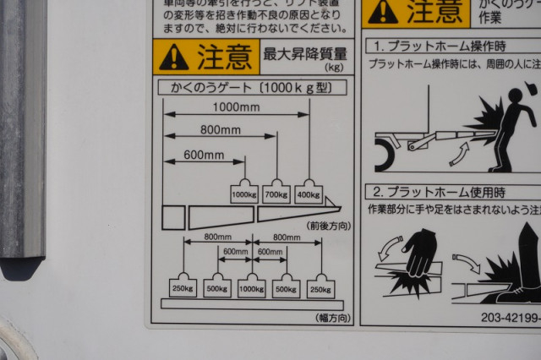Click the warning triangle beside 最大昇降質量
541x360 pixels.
(172, 57)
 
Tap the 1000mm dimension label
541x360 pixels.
(236, 107)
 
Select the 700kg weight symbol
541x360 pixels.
(276, 194)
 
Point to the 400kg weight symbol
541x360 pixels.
(309, 194)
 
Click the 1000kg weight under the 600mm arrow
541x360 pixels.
(243, 194)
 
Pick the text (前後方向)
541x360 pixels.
(329, 226)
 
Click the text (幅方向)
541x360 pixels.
(333, 318)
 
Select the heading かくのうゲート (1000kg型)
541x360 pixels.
(252, 87)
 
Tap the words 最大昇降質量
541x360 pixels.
(305, 53)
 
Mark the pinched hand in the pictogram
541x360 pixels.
(418, 253)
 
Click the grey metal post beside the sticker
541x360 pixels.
(22, 127)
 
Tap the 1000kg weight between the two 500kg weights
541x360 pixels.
(251, 286)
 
